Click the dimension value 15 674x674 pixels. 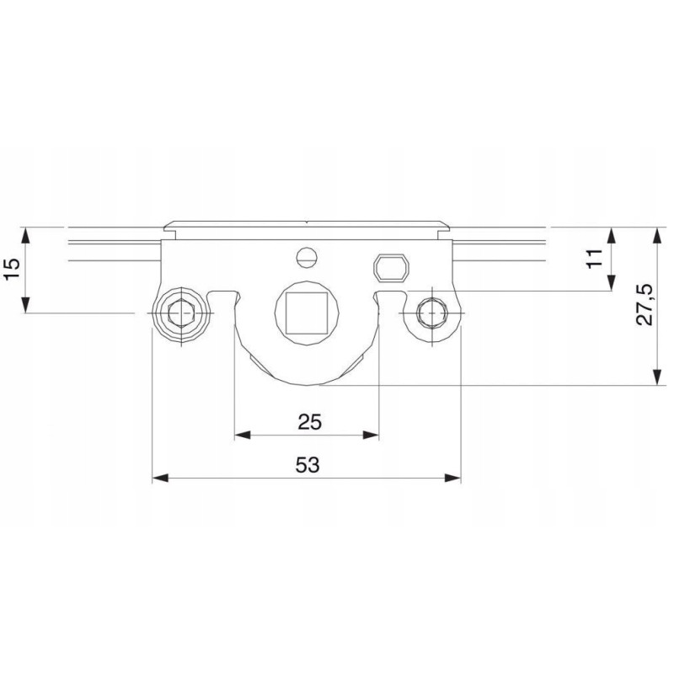tap(13, 269)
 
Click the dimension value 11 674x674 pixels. tap(596, 259)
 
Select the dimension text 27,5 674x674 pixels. tap(645, 305)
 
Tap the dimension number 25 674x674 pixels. tap(309, 422)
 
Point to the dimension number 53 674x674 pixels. tap(308, 465)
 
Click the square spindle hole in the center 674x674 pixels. tap(307, 313)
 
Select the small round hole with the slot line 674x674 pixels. tap(307, 258)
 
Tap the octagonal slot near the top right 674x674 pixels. tap(392, 269)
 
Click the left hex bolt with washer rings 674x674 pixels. tap(182, 313)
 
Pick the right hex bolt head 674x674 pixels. tap(431, 313)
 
